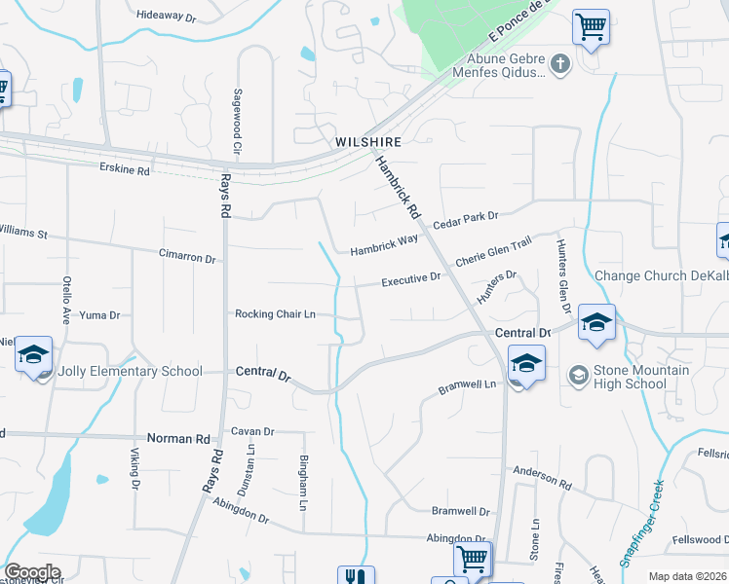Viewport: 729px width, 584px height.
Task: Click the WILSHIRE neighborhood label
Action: coord(368,141)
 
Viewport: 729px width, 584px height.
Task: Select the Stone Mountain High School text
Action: coord(642,377)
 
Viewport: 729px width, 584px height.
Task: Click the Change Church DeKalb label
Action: coord(662,276)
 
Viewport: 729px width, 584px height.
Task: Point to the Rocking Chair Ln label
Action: coord(276,314)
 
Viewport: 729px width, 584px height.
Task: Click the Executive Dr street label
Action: coord(410,279)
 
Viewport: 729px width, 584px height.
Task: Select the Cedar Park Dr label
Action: coord(466,216)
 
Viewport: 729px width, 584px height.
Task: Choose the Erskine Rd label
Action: coord(125,170)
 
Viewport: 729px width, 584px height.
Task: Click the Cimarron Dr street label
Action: coord(186,257)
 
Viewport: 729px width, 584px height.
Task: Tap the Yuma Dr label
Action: coord(98,315)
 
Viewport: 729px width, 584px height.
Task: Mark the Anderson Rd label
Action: coord(543,477)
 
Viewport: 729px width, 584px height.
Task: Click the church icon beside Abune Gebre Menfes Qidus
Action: coord(559,64)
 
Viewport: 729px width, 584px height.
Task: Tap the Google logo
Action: coord(31,572)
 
